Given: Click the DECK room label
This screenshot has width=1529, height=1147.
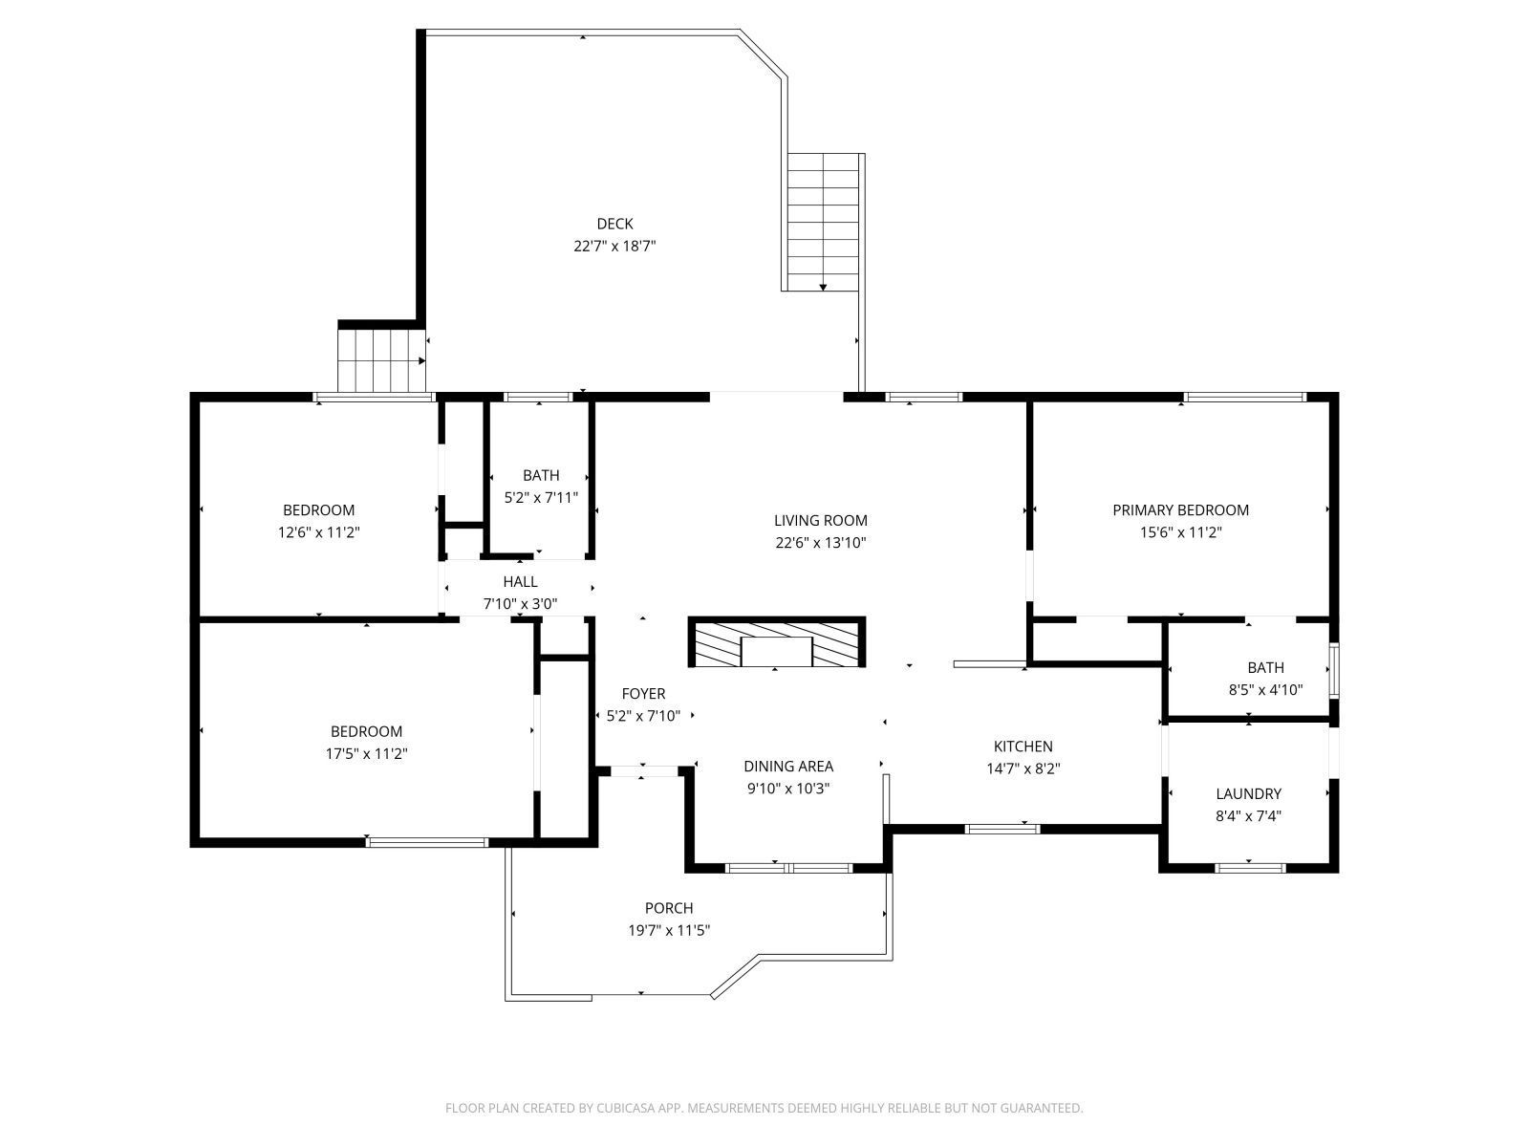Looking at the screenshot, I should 614,224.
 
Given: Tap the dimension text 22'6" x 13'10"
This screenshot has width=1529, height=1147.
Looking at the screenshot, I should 820,543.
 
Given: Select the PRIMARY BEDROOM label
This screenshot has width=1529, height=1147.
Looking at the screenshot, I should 1180,510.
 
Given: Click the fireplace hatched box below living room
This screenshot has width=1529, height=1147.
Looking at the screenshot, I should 776,642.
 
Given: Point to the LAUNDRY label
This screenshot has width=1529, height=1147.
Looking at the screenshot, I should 1248,793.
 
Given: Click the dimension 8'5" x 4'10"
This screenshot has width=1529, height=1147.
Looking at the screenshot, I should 1265,689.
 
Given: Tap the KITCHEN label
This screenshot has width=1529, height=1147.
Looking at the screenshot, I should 1023,747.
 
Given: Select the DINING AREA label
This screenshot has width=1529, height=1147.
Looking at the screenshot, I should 788,766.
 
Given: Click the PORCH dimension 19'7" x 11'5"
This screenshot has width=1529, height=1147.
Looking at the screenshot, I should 668,930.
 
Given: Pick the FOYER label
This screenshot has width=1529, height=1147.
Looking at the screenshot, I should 643,694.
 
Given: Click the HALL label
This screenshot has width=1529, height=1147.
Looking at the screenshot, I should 520,581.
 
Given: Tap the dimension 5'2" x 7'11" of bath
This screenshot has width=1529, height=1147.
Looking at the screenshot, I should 541,497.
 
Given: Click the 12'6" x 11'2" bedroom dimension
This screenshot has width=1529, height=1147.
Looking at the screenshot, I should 318,532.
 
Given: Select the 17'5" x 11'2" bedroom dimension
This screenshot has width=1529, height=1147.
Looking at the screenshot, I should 366,753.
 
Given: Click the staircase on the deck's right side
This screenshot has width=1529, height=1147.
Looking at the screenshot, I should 823,222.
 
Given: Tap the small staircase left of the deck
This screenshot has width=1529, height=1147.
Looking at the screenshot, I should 381,359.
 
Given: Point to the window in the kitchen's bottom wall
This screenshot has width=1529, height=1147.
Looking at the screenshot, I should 1001,829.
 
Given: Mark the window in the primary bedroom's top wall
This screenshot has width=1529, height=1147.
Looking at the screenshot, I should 1243,397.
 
